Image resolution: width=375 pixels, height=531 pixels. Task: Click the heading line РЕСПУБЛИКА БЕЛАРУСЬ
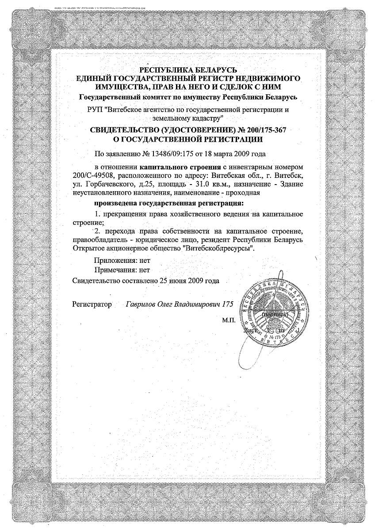(188, 69)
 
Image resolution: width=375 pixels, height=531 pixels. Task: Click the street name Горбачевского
(106, 184)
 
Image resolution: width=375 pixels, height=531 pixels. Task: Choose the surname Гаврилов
(141, 304)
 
